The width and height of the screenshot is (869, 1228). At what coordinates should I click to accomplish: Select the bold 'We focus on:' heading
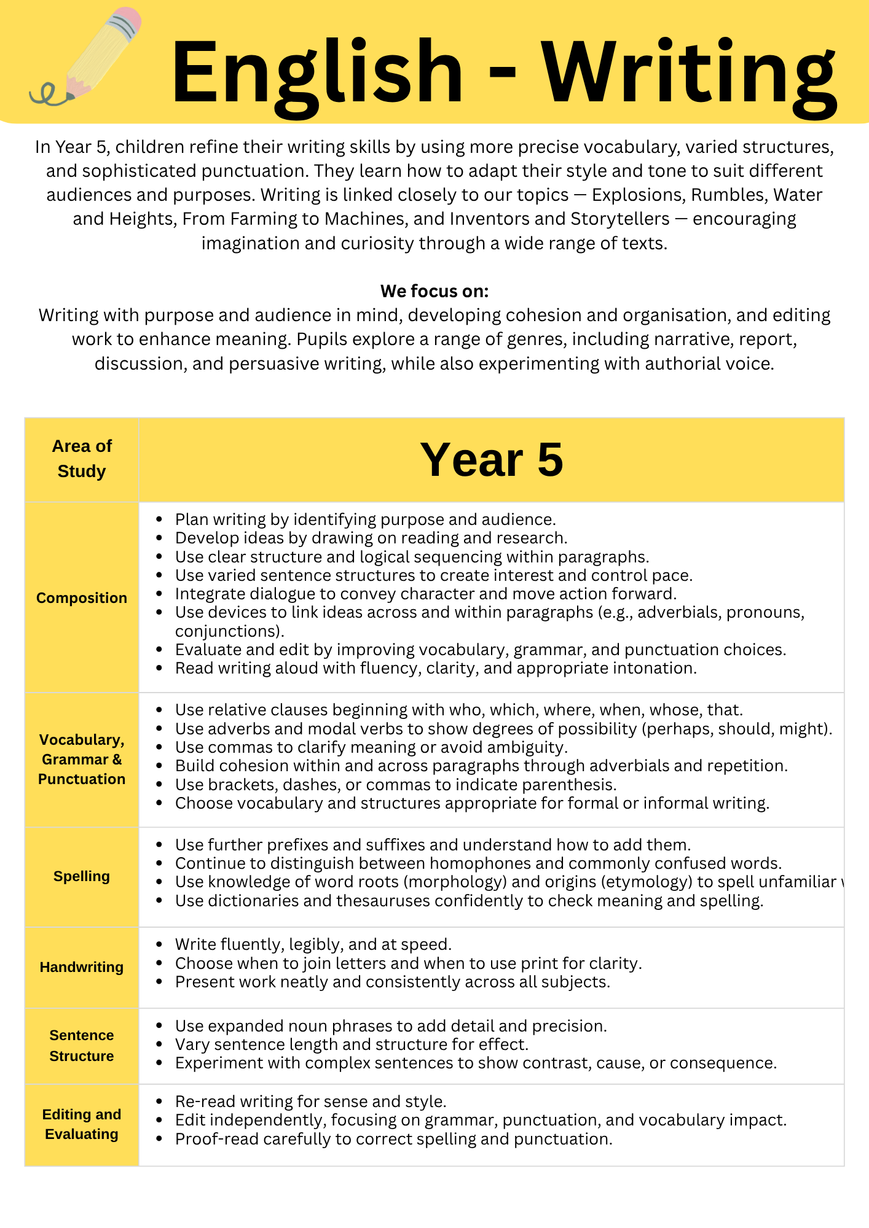434,291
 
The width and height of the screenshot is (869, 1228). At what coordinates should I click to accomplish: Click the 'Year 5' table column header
491,460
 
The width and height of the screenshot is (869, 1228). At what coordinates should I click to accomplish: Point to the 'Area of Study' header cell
82,459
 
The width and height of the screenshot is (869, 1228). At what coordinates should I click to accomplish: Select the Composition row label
82,598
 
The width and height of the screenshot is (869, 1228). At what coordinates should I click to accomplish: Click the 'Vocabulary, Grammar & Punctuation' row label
82,760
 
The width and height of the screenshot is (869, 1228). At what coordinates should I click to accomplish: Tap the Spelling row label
82,876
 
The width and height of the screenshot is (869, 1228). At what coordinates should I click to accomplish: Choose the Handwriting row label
82,967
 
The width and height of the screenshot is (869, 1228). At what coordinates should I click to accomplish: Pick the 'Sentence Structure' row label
82,1046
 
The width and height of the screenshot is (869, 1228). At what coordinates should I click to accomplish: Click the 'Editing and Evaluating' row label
82,1124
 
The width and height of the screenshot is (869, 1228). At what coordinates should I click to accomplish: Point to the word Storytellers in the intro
620,219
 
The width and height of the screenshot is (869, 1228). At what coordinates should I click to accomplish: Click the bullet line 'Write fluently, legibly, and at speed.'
313,944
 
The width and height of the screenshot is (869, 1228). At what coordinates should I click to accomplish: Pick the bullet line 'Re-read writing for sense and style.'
310,1102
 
